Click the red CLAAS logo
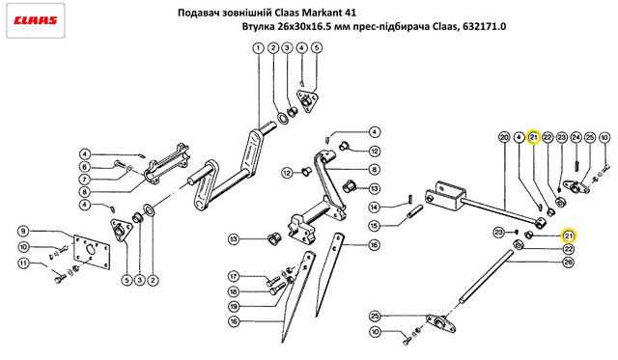tap(36, 20)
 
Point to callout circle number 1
tap(258, 48)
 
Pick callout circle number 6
tap(84, 167)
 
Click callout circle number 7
tap(84, 180)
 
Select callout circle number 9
tap(23, 231)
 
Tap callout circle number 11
tap(24, 263)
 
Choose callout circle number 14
tap(374, 207)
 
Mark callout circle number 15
tap(374, 226)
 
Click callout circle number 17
tap(234, 276)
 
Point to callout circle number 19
tap(234, 306)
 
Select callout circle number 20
tap(504, 137)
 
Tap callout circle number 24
tap(576, 137)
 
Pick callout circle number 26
tap(568, 262)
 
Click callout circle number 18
tap(234, 291)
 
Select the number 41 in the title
tap(351, 13)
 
